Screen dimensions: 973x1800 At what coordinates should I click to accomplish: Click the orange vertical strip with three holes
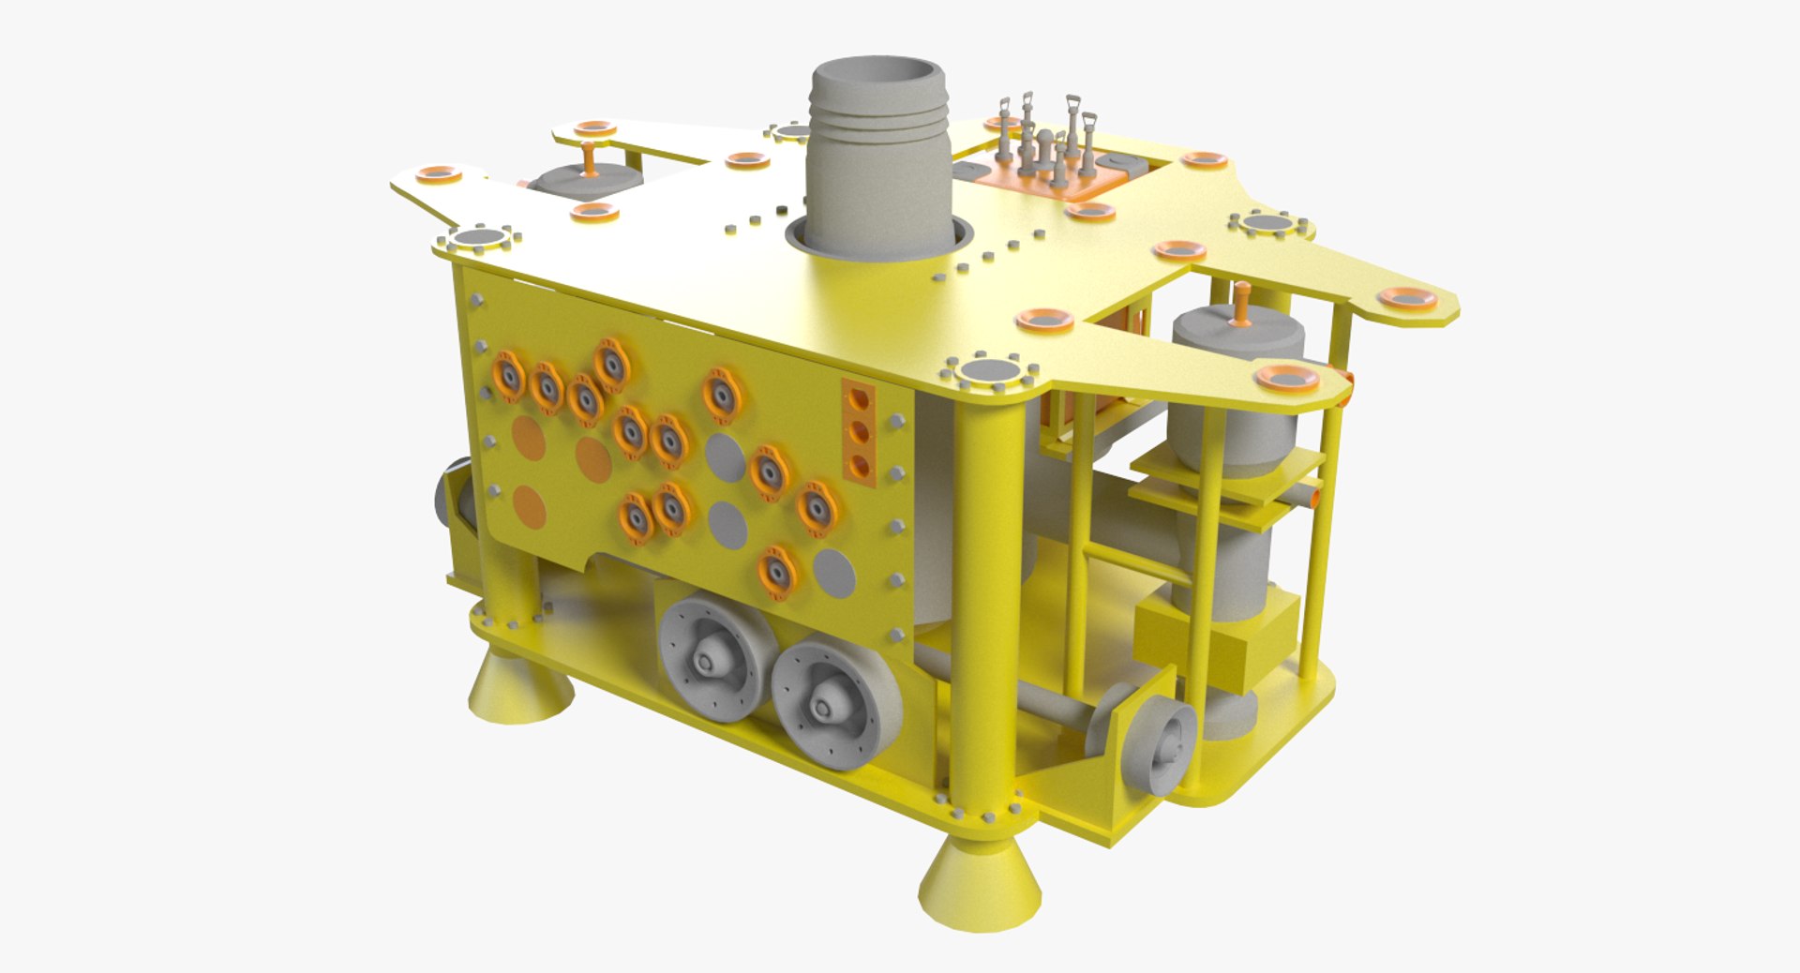(x=858, y=432)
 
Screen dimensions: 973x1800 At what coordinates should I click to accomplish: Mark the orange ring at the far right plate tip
(x=1406, y=299)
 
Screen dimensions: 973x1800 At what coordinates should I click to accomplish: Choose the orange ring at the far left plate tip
(x=438, y=173)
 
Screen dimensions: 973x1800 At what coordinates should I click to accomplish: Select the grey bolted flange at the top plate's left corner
(x=480, y=239)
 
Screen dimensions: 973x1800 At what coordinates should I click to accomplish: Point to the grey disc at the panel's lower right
(x=832, y=573)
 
